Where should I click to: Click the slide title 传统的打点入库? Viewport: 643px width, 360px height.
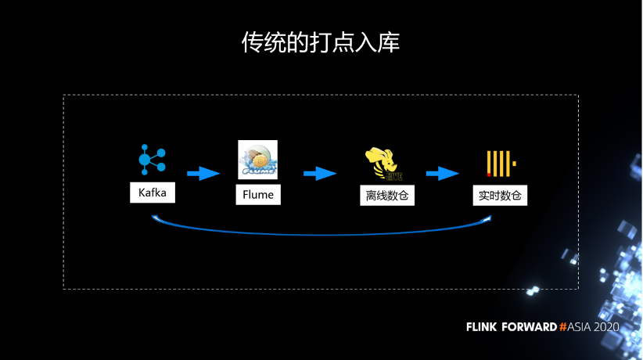(321, 42)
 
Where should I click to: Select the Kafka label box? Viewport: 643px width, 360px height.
(153, 193)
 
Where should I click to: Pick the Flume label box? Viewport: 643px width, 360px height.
(257, 194)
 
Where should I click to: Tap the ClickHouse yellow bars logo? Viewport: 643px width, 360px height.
(500, 164)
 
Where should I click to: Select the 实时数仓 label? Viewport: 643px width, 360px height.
(500, 196)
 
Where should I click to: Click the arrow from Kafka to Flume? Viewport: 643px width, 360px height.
(203, 173)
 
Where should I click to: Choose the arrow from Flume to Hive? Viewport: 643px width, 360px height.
(319, 173)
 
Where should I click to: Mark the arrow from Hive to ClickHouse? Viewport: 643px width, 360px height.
(442, 173)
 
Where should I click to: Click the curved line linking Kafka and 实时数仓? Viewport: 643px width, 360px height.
(321, 233)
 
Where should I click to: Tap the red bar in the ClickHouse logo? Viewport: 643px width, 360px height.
(489, 174)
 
